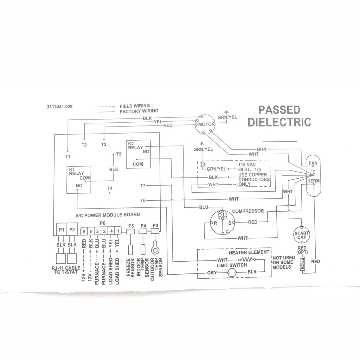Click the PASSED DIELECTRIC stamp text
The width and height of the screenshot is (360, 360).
click(x=279, y=116)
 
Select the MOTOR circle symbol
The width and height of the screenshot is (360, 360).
click(x=204, y=124)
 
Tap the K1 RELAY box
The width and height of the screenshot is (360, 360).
click(x=79, y=179)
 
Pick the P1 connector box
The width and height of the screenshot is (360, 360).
click(x=62, y=230)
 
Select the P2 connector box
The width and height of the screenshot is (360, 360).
click(x=72, y=230)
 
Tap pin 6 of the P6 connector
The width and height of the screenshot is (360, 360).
click(x=84, y=231)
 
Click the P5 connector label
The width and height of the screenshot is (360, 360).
click(x=131, y=225)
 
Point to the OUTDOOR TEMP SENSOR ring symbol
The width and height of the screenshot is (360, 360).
click(x=155, y=250)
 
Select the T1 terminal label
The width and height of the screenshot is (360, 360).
click(x=67, y=155)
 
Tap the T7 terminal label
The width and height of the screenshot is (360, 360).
click(x=142, y=185)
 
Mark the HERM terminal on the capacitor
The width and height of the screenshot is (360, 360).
click(x=313, y=181)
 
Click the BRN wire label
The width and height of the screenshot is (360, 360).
click(x=262, y=149)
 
